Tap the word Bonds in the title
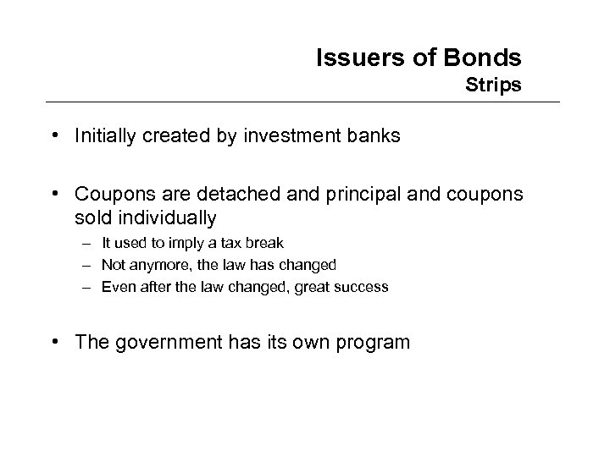click(485, 58)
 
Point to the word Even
click(115, 287)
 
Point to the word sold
click(90, 217)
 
